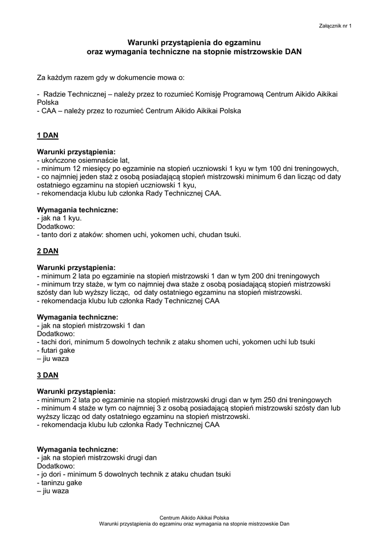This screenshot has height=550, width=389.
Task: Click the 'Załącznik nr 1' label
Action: click(335, 25)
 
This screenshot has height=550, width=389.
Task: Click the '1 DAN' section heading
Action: click(47, 135)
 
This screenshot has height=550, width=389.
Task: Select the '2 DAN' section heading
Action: click(47, 251)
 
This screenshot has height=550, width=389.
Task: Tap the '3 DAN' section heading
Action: click(47, 375)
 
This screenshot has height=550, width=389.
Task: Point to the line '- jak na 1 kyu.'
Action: click(59, 218)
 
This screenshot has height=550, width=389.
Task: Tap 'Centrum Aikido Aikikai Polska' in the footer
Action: click(194, 517)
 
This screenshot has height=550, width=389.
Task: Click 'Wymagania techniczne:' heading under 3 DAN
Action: click(77, 449)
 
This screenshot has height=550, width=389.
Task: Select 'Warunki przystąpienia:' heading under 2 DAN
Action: click(76, 267)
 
